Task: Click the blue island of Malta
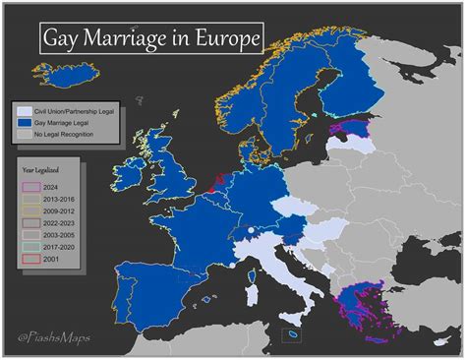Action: coord(293,336)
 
